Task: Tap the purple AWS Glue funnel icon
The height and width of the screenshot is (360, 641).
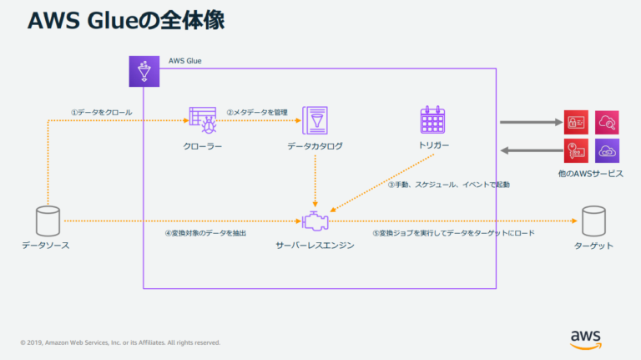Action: [143, 71]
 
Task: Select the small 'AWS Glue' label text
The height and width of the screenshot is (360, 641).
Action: [184, 61]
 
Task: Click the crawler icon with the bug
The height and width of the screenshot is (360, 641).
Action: [203, 121]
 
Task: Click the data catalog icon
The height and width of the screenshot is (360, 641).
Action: [315, 121]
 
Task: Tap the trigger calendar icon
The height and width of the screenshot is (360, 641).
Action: [434, 121]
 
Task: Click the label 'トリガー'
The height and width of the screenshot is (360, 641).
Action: [434, 145]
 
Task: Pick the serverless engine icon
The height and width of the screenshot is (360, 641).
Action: [315, 221]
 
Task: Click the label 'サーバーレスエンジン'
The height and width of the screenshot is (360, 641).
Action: [315, 246]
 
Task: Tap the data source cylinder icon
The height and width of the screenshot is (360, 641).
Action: [48, 221]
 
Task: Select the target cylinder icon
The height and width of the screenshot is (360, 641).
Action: [593, 221]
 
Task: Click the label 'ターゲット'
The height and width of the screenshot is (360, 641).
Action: [593, 246]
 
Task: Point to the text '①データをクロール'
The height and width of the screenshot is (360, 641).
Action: [101, 112]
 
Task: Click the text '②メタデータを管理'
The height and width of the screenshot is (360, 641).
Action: [257, 112]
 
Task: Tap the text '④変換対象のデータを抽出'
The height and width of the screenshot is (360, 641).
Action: [205, 233]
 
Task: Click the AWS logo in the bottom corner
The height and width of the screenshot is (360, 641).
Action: [586, 337]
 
